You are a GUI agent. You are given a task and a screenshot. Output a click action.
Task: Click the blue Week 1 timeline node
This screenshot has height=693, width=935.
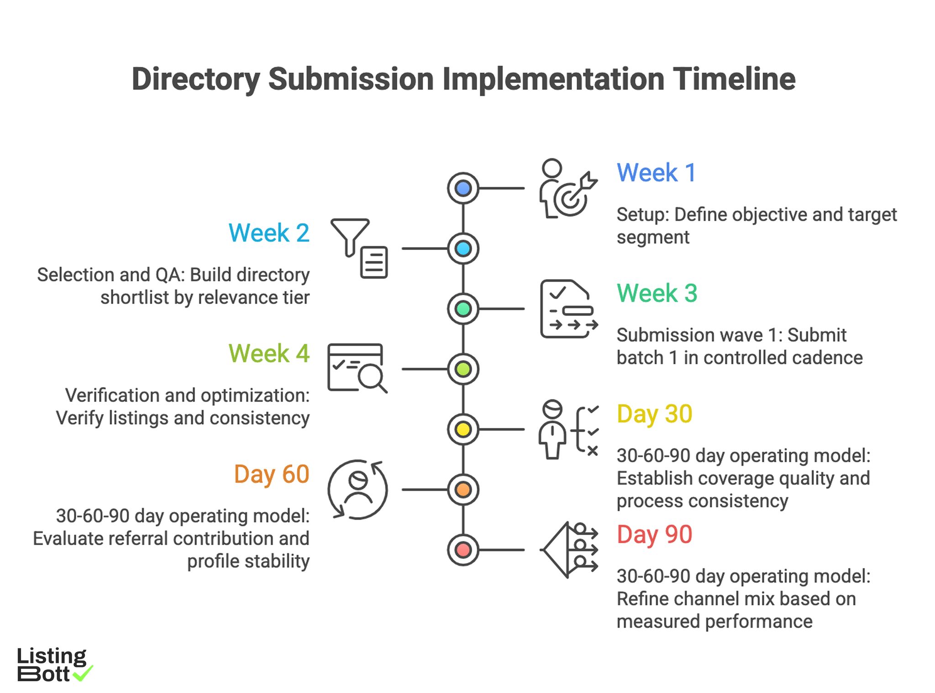(x=463, y=188)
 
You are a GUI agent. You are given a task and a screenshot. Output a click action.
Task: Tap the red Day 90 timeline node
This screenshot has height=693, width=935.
(x=463, y=550)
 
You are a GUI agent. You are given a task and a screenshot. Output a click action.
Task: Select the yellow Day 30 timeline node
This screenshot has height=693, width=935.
(x=463, y=429)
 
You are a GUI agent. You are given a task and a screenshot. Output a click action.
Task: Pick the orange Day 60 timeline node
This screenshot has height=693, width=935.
(x=463, y=490)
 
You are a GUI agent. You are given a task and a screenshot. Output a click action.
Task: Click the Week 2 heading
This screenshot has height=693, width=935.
(x=269, y=233)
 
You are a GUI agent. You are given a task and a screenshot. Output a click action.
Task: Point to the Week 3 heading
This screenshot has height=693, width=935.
(x=657, y=293)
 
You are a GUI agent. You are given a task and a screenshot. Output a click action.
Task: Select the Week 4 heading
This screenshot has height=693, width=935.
(x=269, y=354)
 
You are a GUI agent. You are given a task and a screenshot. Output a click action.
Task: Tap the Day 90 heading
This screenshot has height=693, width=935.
(x=654, y=535)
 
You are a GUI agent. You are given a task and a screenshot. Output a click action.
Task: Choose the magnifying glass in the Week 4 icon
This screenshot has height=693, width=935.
(x=371, y=377)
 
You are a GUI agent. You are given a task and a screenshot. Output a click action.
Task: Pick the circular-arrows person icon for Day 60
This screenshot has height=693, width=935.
(x=357, y=490)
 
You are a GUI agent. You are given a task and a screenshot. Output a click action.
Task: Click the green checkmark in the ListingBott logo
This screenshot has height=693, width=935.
(x=83, y=673)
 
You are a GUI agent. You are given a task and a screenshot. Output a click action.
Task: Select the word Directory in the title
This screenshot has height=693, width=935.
(x=196, y=79)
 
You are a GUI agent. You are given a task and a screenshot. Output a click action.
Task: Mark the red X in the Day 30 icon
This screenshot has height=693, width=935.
(x=593, y=451)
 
